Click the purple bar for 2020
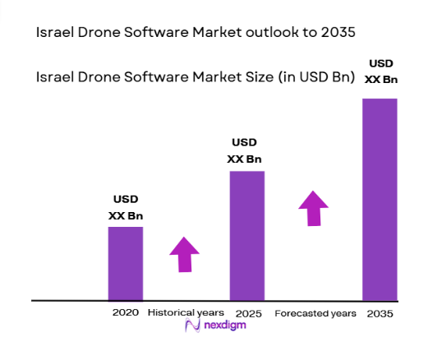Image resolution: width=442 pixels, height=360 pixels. pyautogui.click(x=125, y=263)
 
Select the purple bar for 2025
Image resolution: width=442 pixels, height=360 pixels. pyautogui.click(x=246, y=235)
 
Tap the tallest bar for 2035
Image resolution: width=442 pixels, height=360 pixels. pyautogui.click(x=380, y=199)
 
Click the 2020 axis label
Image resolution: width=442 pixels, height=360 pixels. pyautogui.click(x=125, y=313)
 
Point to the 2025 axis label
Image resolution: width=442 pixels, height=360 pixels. pyautogui.click(x=247, y=313)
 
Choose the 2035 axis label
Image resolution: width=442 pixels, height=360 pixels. pyautogui.click(x=380, y=313)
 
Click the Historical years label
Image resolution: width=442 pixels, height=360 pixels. pyautogui.click(x=186, y=313)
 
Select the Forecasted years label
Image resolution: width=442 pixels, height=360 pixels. pyautogui.click(x=315, y=313)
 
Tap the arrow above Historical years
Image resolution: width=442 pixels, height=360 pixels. pyautogui.click(x=184, y=255)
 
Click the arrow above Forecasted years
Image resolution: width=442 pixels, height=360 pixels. pyautogui.click(x=312, y=207)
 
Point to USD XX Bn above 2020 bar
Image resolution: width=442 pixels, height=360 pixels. pyautogui.click(x=125, y=207)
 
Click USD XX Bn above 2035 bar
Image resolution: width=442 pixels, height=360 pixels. pyautogui.click(x=380, y=71)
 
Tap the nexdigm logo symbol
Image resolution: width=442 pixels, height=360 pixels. pyautogui.click(x=193, y=326)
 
